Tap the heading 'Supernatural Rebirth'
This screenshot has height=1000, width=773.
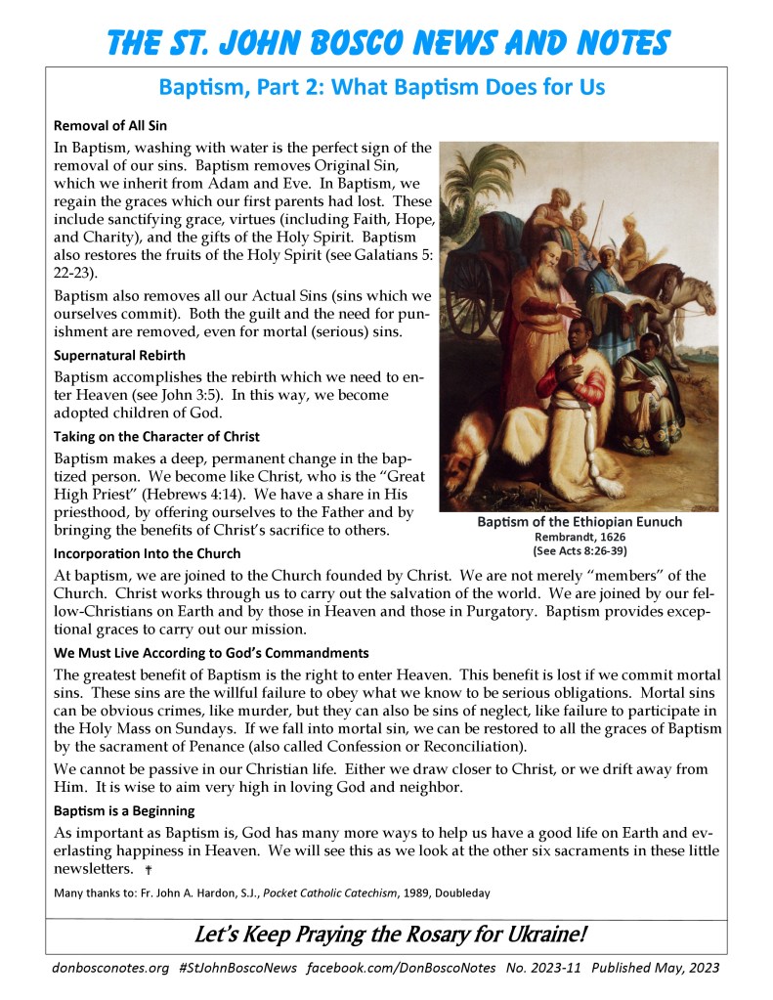click(119, 355)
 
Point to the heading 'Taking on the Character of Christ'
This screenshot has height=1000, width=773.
click(156, 436)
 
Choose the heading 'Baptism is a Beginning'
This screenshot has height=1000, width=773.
click(124, 810)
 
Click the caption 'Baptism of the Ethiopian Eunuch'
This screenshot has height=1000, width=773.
click(580, 522)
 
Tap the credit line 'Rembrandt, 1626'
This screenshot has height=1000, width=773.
click(580, 537)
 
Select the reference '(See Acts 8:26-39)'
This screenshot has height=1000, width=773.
click(580, 550)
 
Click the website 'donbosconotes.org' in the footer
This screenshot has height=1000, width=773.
click(109, 968)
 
